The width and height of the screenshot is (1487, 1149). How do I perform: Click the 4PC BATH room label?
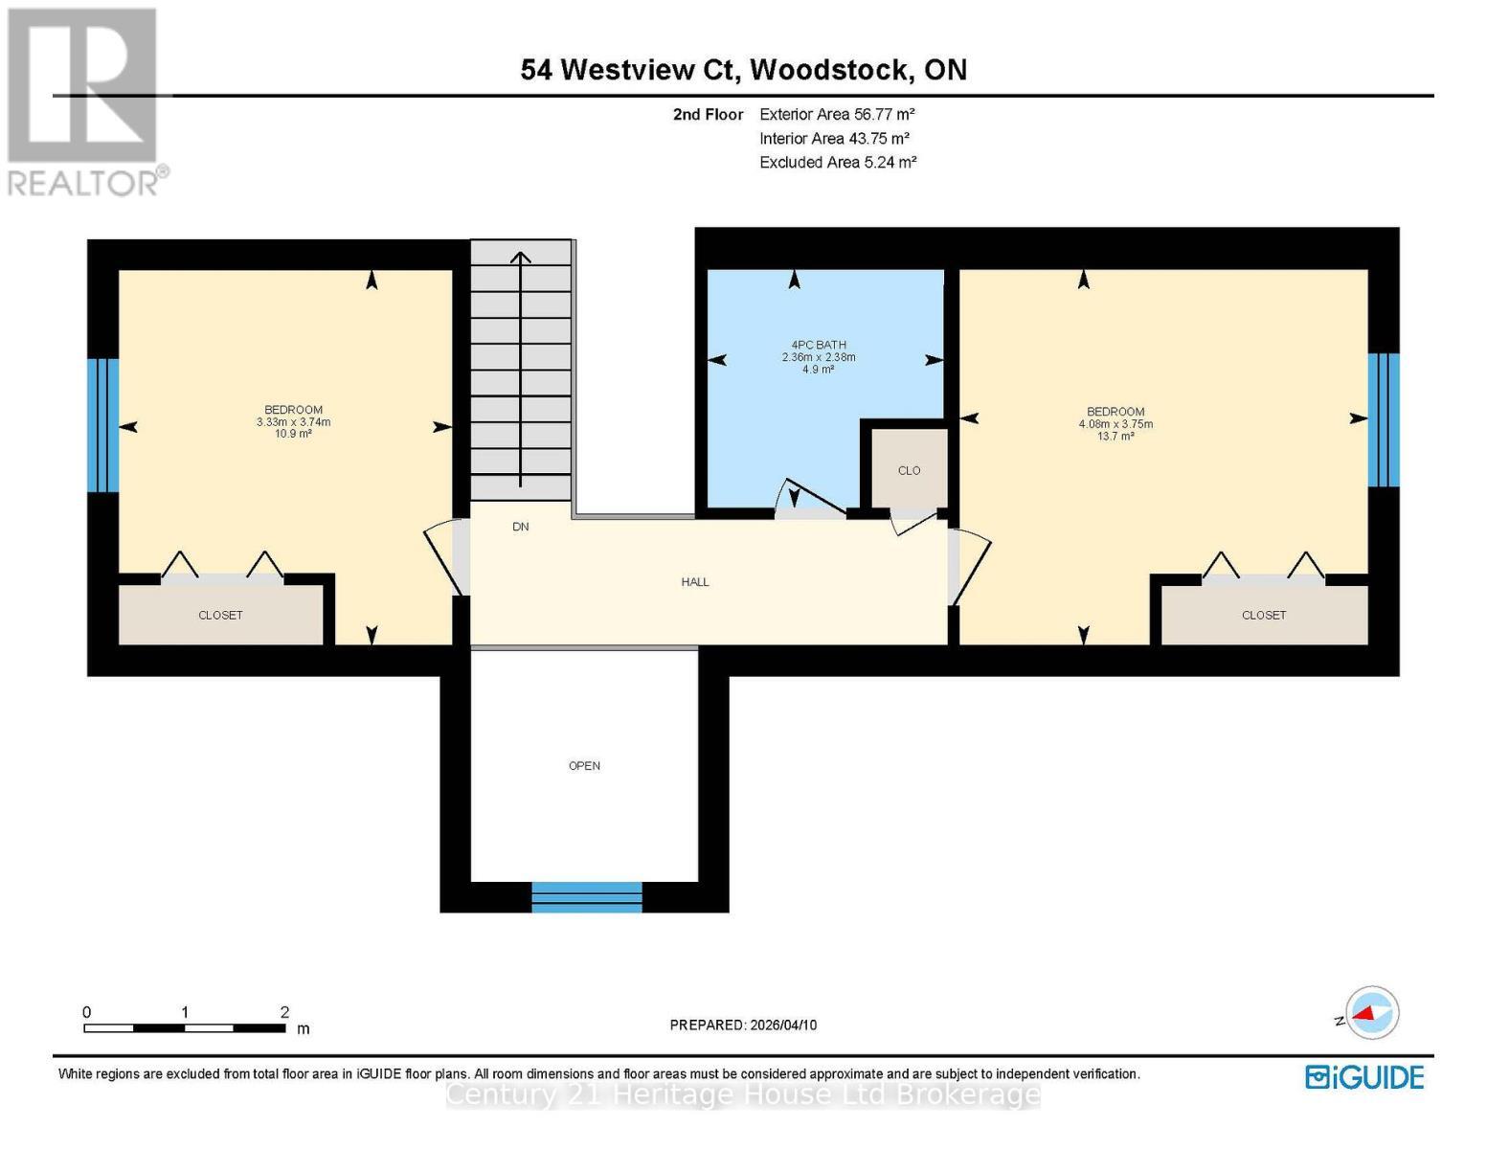point(818,345)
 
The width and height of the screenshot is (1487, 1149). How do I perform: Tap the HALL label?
point(695,582)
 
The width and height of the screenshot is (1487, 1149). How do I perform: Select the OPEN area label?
point(584,766)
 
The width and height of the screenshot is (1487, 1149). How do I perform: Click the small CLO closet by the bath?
point(909,470)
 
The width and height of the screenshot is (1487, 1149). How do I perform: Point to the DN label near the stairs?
point(521,527)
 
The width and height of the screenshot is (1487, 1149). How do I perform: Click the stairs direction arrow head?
point(520,257)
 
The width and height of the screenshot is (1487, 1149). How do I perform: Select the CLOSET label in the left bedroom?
point(220,616)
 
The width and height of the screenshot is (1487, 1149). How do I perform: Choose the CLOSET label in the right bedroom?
point(1263,616)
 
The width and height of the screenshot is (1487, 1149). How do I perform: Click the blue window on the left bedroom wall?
point(102,425)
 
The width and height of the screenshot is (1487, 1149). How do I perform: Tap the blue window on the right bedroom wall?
point(1384,419)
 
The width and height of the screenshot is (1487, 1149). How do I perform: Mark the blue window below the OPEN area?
point(586,896)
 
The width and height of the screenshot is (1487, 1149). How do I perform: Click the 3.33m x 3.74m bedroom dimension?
point(293,422)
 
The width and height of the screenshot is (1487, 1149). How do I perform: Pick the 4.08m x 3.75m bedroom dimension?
point(1115,424)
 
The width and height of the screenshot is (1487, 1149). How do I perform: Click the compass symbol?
point(1371,1012)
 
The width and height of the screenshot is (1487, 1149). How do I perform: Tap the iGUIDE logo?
point(1364,1077)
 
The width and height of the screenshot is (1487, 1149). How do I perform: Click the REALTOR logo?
point(85,101)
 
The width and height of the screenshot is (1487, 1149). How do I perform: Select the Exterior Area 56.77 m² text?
point(837,114)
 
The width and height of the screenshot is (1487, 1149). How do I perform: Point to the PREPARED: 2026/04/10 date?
point(743,1025)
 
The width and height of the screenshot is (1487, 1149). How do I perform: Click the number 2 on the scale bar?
point(284,1012)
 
